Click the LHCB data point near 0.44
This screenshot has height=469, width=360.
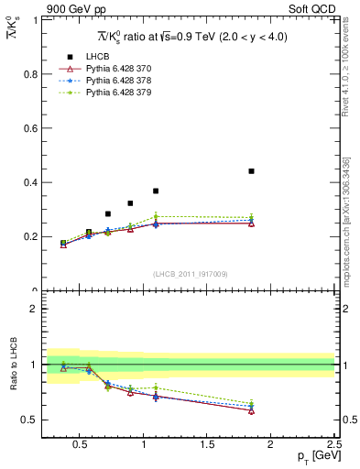pos(251,171)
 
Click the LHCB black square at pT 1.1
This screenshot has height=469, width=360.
pos(156,191)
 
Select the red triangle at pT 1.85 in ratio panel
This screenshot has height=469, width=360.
pos(251,410)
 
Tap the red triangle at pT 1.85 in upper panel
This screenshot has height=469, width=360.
pos(251,224)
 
